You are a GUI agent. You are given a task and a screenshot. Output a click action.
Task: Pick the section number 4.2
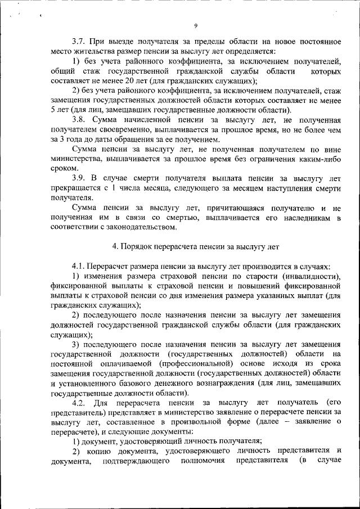(80, 403)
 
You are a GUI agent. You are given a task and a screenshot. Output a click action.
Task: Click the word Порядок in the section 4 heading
(137, 246)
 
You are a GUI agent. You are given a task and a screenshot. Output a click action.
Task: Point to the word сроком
(62, 168)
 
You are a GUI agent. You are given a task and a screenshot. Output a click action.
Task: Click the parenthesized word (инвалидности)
(310, 276)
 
